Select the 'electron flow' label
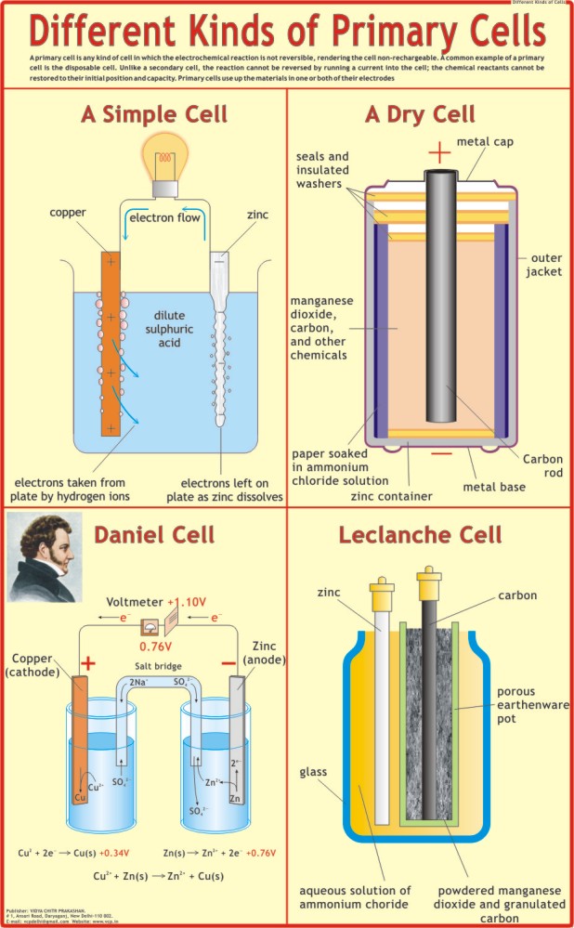165,218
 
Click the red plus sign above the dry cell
438,151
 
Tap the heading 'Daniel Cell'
153,535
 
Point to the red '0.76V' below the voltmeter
158,647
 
